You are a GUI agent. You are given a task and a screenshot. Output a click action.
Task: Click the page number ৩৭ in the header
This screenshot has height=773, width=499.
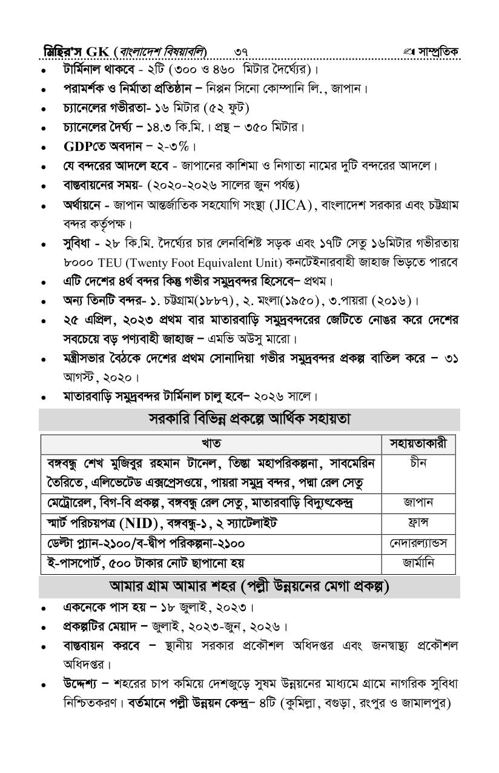[x=241, y=51]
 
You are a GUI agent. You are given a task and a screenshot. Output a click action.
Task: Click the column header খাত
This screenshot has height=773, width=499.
[x=211, y=443]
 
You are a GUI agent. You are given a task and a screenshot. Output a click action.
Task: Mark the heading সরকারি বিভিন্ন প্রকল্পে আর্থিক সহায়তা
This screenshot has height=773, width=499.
[x=249, y=419]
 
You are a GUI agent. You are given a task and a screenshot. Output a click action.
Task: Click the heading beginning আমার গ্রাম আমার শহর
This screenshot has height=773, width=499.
[x=249, y=587]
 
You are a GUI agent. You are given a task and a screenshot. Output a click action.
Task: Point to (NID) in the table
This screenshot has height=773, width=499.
[x=144, y=523]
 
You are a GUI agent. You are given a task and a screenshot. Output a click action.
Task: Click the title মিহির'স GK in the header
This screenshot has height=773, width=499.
[x=74, y=51]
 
